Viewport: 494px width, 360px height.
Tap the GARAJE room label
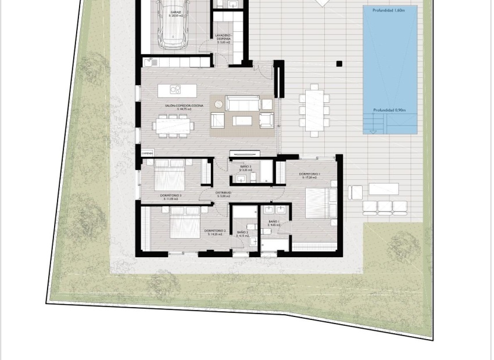(x=176, y=12)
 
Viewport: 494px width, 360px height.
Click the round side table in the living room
(x=219, y=105)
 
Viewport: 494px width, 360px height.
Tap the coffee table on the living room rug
(x=242, y=120)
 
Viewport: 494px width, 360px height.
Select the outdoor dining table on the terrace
(x=314, y=110)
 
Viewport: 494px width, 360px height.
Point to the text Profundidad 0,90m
(x=389, y=110)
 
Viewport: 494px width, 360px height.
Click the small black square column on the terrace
(x=339, y=64)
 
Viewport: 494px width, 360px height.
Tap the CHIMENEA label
(x=148, y=153)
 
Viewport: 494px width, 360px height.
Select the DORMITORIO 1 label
(x=310, y=175)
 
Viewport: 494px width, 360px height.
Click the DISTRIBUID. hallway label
(x=223, y=193)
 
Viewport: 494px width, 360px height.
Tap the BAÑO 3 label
(x=245, y=167)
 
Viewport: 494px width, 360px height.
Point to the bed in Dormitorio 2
(x=185, y=224)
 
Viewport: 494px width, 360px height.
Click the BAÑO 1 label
(x=274, y=222)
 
